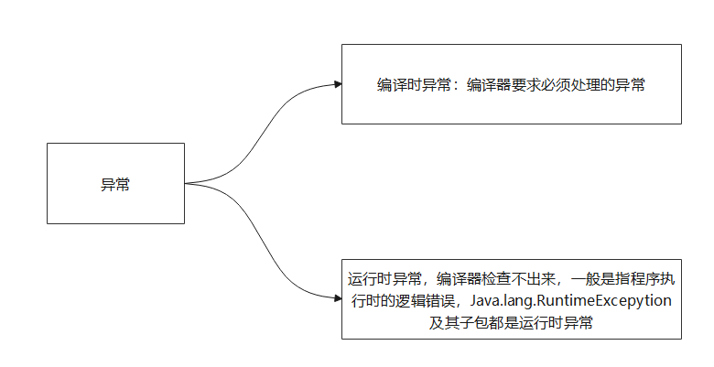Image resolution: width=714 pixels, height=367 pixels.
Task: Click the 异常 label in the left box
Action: coord(115,183)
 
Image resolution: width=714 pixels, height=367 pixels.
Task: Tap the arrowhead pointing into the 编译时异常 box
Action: coord(337,85)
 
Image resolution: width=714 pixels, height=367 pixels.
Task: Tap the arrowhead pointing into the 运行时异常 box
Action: coord(337,296)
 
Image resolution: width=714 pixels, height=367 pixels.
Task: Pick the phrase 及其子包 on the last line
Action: coord(458,322)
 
